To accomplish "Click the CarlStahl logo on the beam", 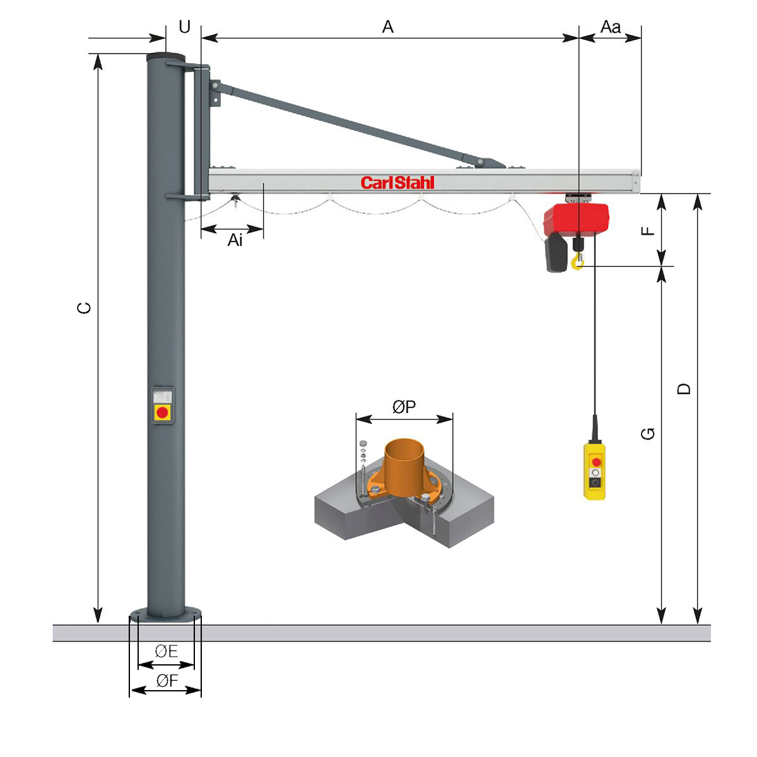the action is click(x=397, y=183).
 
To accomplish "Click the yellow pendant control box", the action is click(x=594, y=471).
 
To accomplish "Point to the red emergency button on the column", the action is click(x=162, y=412).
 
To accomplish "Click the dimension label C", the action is click(x=84, y=308).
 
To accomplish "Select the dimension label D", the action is click(x=684, y=389).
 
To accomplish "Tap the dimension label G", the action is click(x=648, y=433).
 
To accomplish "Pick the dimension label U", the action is click(x=184, y=26).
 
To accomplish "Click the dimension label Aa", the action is click(x=611, y=26).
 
